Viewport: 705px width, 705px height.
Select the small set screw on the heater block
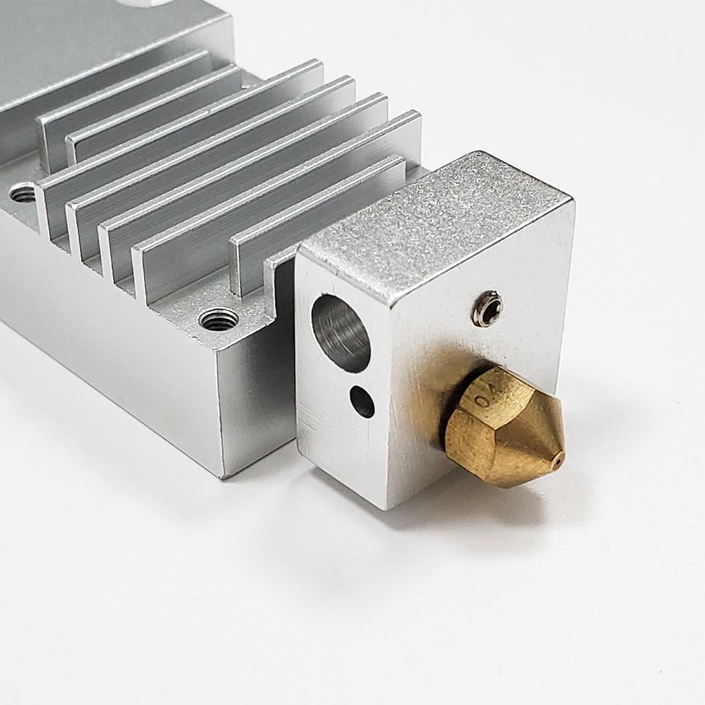(487, 308)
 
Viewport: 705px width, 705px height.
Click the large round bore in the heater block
(341, 333)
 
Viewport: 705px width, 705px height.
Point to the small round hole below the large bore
(362, 401)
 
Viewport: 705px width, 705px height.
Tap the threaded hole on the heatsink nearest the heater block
(218, 319)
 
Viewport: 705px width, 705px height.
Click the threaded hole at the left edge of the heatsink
(23, 193)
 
